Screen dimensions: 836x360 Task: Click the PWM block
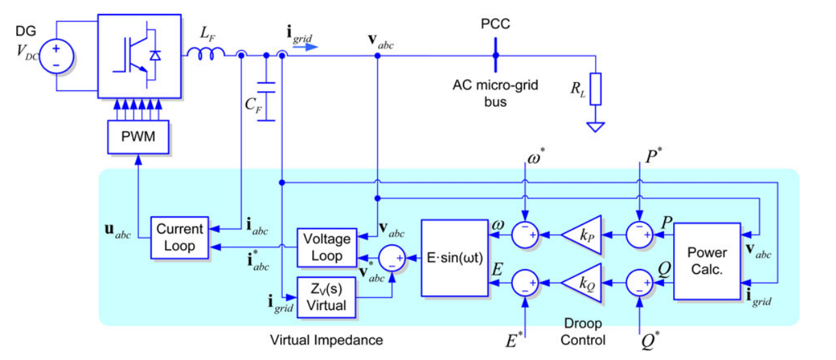point(138,137)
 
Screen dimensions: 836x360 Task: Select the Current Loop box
point(179,237)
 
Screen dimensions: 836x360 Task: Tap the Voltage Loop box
point(327,248)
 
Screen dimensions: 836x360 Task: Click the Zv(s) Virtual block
point(327,297)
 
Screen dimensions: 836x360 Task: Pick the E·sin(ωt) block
point(455,258)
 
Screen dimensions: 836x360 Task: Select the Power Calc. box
point(707,261)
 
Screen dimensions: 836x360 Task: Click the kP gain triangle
point(581,235)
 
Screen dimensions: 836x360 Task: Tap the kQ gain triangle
point(581,283)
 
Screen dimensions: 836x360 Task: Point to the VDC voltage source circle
point(56,56)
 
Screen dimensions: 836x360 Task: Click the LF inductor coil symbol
point(206,53)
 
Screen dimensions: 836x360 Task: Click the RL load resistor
point(596,89)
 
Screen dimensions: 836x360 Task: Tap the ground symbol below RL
point(596,127)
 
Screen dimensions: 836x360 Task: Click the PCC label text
point(495,24)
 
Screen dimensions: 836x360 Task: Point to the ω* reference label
point(536,156)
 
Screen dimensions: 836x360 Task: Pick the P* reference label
point(653,156)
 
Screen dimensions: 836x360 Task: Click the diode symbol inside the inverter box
point(155,55)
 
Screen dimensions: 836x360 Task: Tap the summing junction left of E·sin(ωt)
point(392,258)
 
